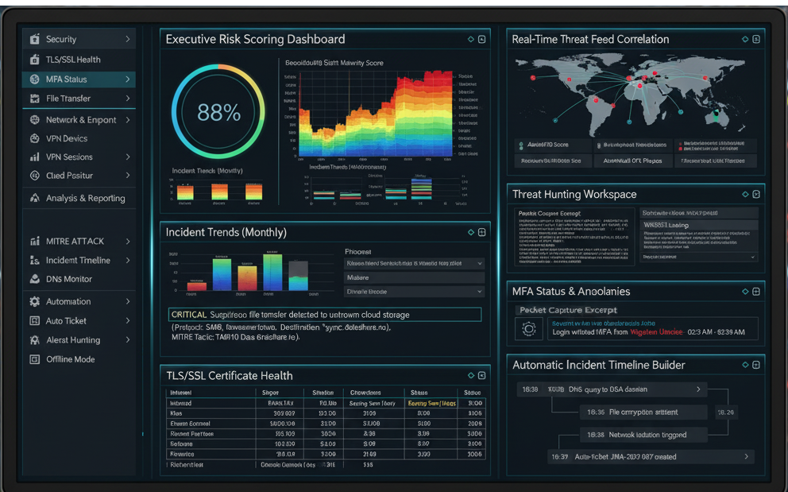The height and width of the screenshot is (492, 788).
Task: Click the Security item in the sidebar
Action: coord(61,39)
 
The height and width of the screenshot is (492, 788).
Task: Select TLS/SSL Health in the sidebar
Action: coord(73,60)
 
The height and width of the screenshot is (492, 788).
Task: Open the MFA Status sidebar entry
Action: coord(67,79)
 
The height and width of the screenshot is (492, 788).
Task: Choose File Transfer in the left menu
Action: coord(68,99)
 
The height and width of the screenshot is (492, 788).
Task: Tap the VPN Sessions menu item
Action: coord(69,157)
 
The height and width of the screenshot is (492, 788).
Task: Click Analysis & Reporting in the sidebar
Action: coord(85,199)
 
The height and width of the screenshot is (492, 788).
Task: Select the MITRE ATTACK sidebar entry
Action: coord(75,242)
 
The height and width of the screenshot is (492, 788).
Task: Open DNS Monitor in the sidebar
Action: coord(68,280)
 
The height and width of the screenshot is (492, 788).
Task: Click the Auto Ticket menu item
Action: coord(66,321)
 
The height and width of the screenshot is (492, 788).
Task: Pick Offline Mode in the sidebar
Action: coord(70,359)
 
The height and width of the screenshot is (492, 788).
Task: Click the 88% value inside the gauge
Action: coord(218,113)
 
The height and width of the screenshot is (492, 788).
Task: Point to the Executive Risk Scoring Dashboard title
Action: coord(255,39)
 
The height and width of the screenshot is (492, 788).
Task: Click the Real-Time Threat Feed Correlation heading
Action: coord(590,39)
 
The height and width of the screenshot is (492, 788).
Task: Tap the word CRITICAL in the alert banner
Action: coord(189,315)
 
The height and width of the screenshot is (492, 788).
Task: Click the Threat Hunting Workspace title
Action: coord(574,194)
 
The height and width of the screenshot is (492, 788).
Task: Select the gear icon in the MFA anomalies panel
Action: coord(527,328)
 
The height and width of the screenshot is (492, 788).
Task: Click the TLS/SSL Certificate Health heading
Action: coord(229,376)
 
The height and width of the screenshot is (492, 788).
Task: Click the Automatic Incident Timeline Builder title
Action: coord(599,366)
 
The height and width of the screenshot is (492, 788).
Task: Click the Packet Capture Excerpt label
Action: coord(567,310)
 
